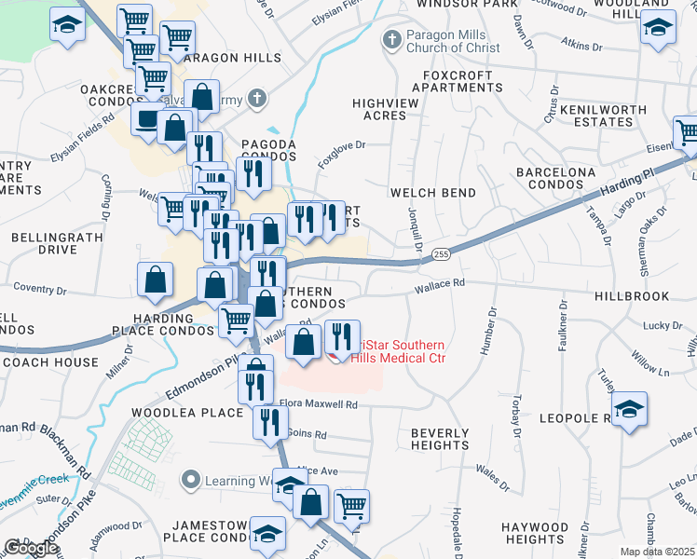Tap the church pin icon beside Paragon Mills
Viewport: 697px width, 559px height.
pos(391,39)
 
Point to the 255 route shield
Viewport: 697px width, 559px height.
pos(442,253)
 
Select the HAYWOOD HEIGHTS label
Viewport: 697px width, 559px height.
pos(535,533)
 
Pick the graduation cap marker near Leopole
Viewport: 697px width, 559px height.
pos(629,410)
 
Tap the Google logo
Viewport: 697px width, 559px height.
pos(32,547)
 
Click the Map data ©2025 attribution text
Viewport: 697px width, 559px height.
pos(657,552)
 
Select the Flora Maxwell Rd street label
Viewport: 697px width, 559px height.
pos(319,404)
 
